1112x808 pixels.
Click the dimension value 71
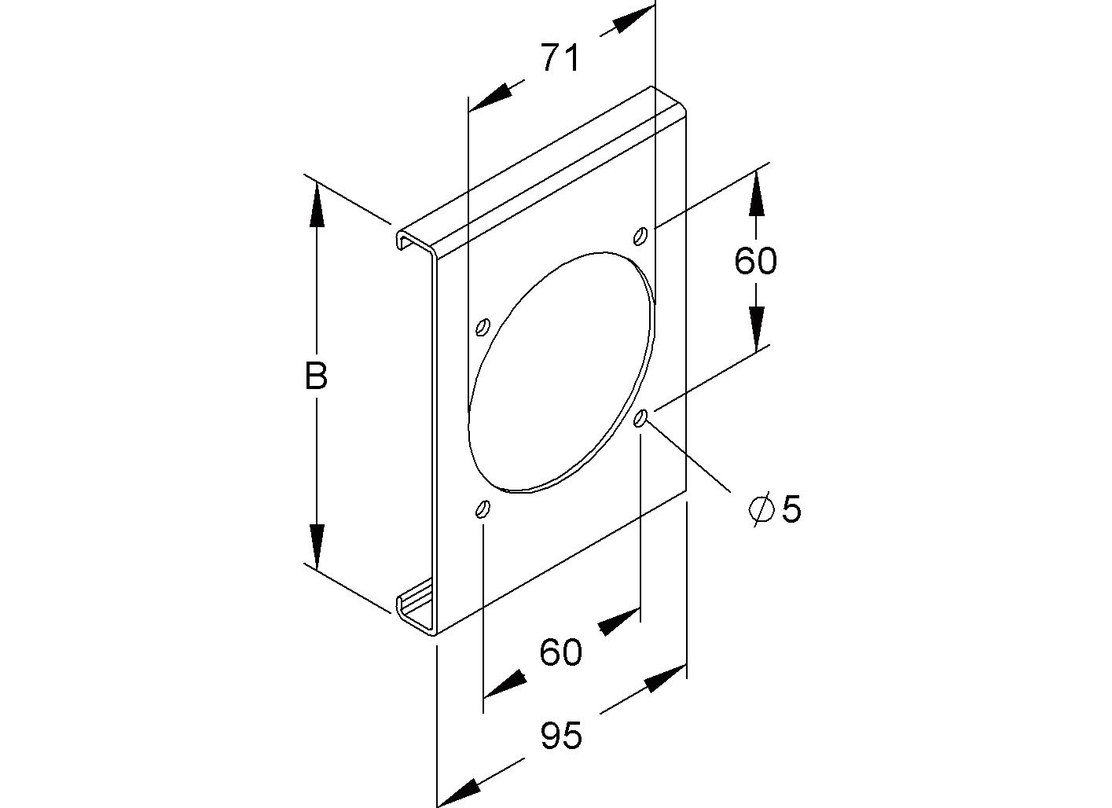tap(560, 58)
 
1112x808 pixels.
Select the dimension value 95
tap(561, 736)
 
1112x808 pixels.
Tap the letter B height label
tap(316, 377)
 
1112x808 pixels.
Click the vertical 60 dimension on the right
tap(755, 260)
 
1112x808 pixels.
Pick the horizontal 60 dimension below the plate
tap(561, 652)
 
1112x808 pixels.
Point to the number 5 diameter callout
tap(791, 510)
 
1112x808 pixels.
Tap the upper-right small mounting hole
tap(641, 234)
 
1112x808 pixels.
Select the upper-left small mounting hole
tap(483, 325)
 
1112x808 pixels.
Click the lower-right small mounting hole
tap(642, 418)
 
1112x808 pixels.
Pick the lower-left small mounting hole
tap(482, 509)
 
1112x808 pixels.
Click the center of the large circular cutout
tap(561, 372)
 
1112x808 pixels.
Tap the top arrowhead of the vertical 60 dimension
tap(755, 193)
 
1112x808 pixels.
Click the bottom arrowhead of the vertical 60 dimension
tap(755, 329)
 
